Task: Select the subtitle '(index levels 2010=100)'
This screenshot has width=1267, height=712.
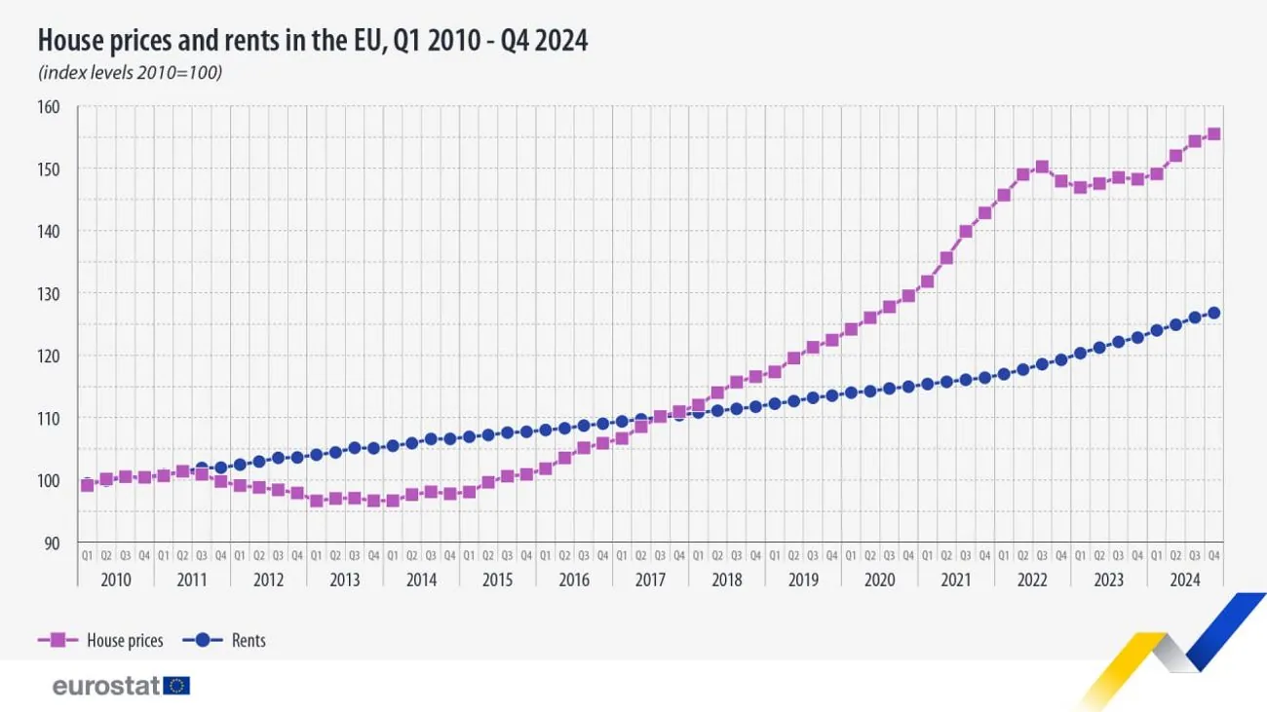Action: coord(130,73)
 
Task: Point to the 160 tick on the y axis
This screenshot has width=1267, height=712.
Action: coord(49,106)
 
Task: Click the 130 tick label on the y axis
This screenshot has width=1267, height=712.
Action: coord(49,293)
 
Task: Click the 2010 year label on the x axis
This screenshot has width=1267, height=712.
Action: coord(115,580)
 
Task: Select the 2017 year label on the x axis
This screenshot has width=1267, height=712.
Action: coord(650,580)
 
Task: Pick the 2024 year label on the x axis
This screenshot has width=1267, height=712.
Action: coord(1185,580)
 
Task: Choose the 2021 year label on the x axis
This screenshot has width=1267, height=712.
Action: coord(956,580)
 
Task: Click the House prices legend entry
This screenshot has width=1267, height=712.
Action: coord(101,640)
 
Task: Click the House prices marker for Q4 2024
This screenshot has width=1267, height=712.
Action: coord(1214,134)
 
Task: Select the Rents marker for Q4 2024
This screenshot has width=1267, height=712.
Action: coord(1214,313)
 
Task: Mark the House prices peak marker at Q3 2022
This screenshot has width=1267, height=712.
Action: coord(1042,167)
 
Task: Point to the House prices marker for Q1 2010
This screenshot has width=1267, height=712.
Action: coord(87,485)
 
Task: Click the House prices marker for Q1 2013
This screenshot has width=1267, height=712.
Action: coord(316,501)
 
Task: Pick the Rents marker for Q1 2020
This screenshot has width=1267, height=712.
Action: coord(851,393)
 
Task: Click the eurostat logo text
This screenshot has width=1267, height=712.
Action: coord(105,686)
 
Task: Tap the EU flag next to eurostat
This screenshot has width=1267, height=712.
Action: coord(177,686)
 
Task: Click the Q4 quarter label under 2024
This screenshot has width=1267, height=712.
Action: coord(1214,555)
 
